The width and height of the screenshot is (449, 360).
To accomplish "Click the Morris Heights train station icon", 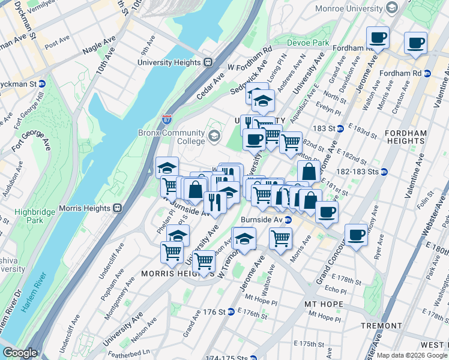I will pyautogui.click(x=118, y=208).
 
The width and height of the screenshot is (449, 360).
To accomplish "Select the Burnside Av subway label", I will pyautogui.click(x=262, y=220).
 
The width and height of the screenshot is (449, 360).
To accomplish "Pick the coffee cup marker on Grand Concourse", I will pyautogui.click(x=356, y=235).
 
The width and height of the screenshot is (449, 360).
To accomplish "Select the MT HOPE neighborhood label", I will pyautogui.click(x=324, y=304).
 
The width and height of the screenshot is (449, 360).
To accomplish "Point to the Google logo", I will pyautogui.click(x=19, y=353).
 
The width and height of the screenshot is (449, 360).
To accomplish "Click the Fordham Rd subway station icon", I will pyautogui.click(x=427, y=73).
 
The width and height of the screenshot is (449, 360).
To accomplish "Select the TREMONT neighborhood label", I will pyautogui.click(x=381, y=325).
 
